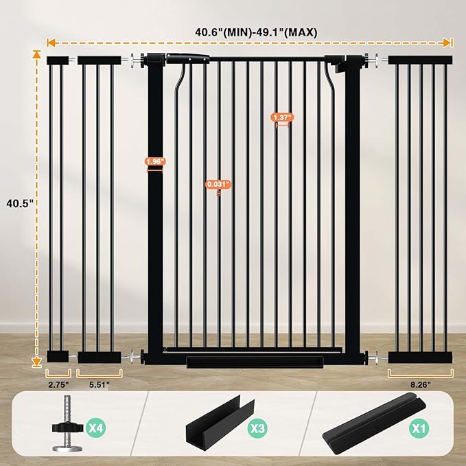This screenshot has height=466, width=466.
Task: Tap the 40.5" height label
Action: pos(19,203)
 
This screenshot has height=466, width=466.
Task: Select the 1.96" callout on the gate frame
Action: pos(154,162)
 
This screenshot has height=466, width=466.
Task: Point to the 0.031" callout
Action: pos(218,184)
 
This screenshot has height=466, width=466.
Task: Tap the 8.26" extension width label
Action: pos(420,385)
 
